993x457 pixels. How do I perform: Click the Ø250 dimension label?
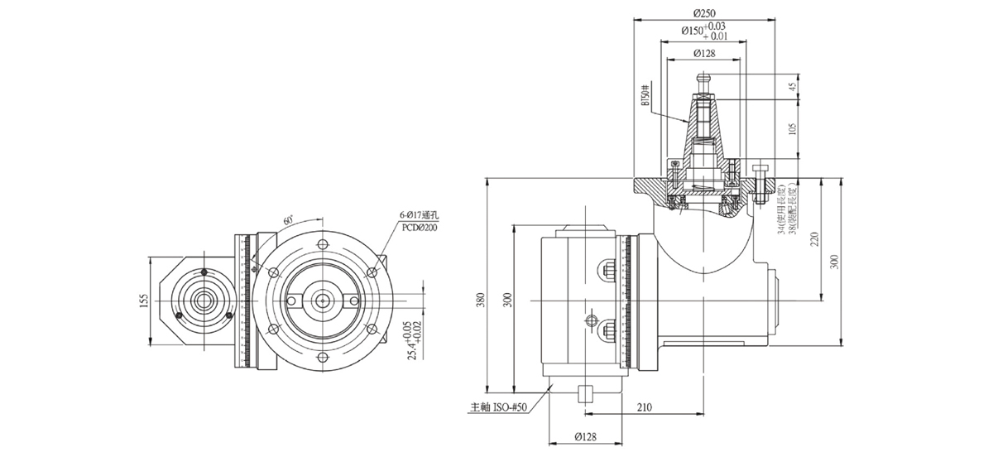pyautogui.click(x=704, y=12)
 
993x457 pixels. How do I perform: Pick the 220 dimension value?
pyautogui.click(x=815, y=241)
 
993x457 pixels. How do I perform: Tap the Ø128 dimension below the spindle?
pyautogui.click(x=586, y=437)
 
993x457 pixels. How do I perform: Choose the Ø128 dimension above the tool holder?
pyautogui.click(x=703, y=52)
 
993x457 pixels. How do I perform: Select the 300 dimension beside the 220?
pyautogui.click(x=834, y=262)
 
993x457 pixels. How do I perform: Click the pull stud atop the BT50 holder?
pyautogui.click(x=703, y=80)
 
